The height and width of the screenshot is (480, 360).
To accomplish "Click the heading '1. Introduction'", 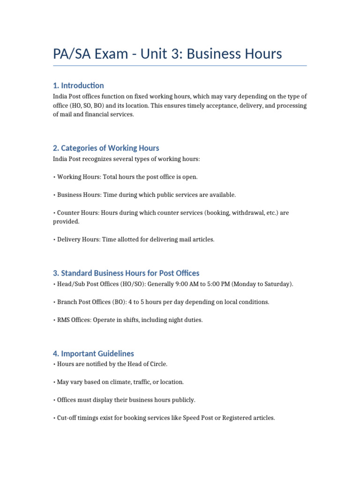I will coord(78,85).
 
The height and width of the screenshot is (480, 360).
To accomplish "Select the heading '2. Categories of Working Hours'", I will coord(106,148).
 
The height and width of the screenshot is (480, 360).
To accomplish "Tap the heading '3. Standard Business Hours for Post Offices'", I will coord(126,273).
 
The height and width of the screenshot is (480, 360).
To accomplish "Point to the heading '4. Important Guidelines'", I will coord(93,353).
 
